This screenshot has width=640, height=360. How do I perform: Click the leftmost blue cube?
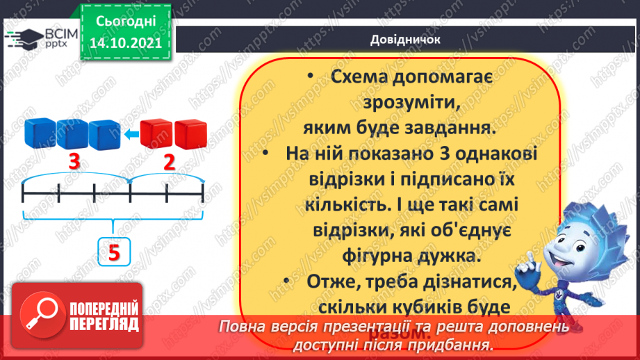[40, 133]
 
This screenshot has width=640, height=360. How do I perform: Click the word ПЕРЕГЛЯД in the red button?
[105, 324]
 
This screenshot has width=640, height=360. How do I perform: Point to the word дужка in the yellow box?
[449, 256]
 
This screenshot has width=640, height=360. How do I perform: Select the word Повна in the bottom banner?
[244, 327]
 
